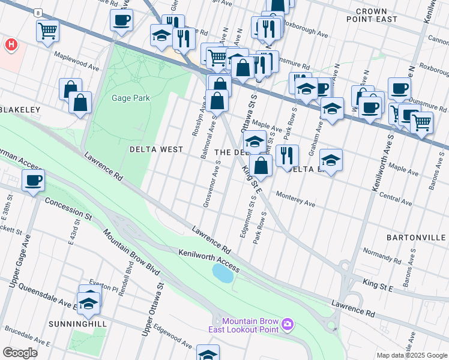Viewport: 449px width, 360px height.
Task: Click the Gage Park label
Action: pos(131,98)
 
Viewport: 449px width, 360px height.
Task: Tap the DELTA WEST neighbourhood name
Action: pos(156,149)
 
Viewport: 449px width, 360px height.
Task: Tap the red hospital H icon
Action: pos(10,45)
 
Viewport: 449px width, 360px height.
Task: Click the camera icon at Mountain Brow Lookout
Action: pos(288,324)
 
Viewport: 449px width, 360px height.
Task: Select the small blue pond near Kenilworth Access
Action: pos(223,274)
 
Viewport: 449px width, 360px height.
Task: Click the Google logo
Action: pos(20,353)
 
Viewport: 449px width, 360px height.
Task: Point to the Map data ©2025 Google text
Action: pos(411,355)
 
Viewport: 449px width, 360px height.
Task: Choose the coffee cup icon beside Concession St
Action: pos(33,181)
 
